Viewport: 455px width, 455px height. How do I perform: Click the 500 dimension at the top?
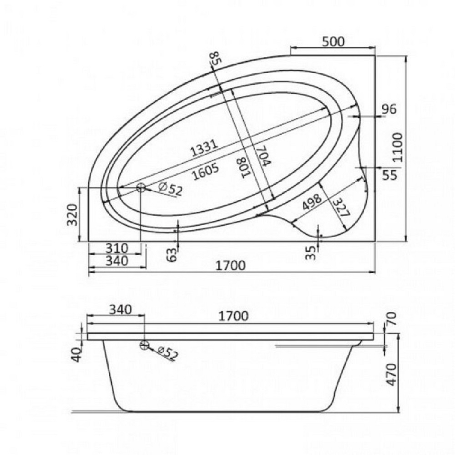coord(333,41)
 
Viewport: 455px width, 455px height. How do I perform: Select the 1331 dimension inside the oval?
coord(204,148)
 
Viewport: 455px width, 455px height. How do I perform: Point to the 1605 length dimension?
coord(206,172)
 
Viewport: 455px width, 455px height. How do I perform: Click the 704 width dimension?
coord(263,155)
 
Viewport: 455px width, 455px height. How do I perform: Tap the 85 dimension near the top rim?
coord(216,58)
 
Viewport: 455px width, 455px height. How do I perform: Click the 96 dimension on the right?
coord(389,109)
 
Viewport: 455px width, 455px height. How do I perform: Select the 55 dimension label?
coord(389,175)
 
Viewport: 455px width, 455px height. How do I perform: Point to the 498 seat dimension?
coord(312,202)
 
